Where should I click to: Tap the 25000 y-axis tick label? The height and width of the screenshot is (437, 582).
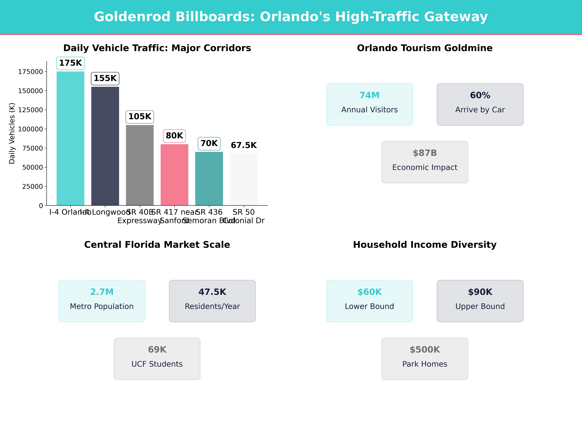[x=32, y=186]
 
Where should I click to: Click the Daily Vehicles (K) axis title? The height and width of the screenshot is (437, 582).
[x=12, y=133]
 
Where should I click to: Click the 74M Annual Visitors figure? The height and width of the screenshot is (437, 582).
[x=369, y=95]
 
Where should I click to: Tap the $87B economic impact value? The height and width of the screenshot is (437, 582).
[x=425, y=153]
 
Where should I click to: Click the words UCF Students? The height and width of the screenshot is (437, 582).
[x=157, y=364]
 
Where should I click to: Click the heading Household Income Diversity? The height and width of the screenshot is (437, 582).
[x=425, y=245]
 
